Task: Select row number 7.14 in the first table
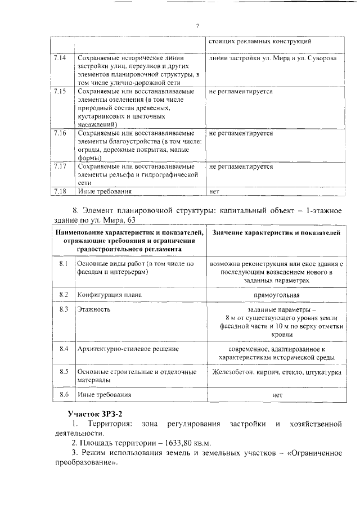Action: [60, 58]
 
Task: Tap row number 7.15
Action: [60, 91]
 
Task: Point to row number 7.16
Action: [60, 133]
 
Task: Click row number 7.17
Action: [60, 166]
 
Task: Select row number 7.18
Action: [60, 191]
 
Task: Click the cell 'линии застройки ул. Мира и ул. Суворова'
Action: [273, 58]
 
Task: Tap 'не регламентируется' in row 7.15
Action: [241, 91]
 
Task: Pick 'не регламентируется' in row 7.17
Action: [241, 166]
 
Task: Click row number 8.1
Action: [64, 263]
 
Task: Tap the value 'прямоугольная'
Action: [276, 295]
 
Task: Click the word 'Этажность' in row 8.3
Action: [93, 309]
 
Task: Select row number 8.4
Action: [64, 349]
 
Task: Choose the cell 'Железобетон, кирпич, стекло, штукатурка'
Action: [276, 372]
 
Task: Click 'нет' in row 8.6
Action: [276, 395]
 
